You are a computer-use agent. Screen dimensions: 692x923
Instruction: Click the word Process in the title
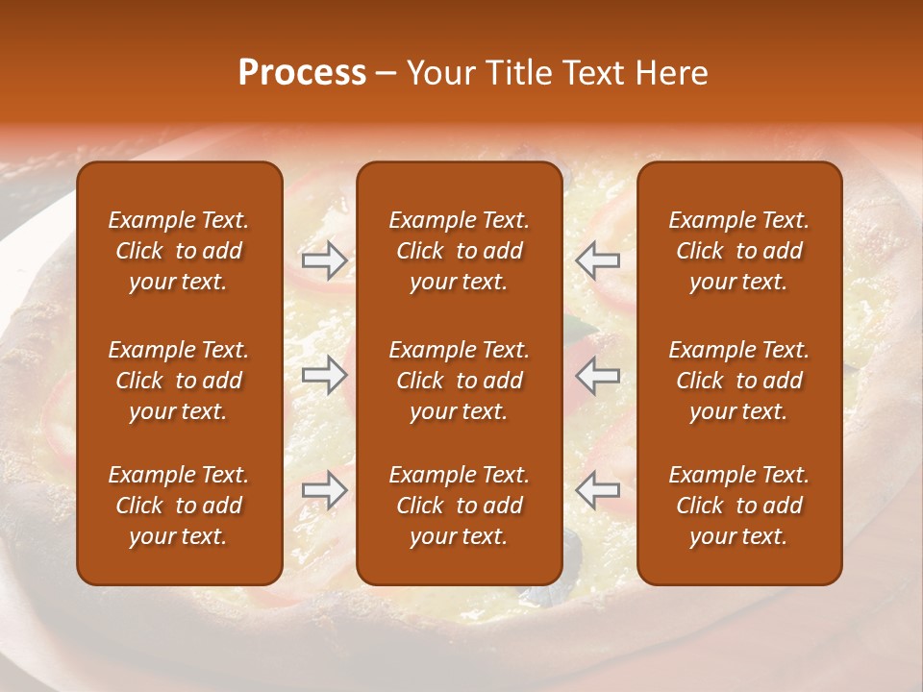302,73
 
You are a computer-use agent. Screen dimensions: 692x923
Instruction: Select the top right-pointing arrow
325,259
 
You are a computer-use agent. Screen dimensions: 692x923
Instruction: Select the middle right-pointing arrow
325,375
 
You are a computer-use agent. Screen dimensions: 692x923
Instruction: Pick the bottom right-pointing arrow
325,490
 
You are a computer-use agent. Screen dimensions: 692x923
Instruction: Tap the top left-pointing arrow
598,259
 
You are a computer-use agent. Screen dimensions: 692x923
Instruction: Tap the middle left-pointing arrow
598,375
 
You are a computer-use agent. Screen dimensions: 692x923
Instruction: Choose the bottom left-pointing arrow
598,490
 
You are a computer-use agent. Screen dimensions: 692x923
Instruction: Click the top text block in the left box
179,251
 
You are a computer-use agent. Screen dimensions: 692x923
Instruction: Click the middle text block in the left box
179,381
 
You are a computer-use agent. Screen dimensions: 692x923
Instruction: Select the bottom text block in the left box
179,506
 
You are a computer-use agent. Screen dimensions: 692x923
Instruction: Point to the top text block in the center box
460,251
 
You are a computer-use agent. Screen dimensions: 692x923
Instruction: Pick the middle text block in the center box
460,381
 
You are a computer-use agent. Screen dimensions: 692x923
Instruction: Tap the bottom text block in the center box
460,506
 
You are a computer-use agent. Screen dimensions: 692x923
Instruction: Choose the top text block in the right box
739,251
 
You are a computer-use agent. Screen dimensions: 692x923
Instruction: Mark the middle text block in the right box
739,381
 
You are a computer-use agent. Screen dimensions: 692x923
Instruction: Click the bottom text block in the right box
739,506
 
